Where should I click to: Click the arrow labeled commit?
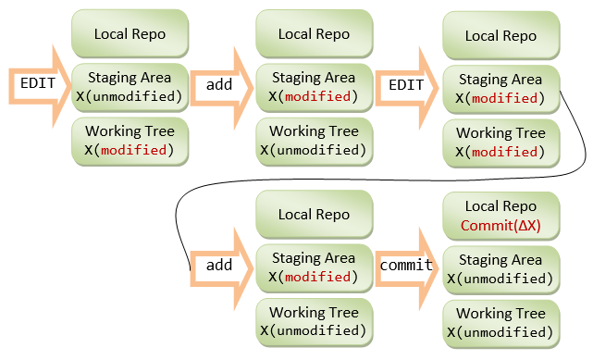tap(406, 268)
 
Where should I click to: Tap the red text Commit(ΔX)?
tap(500, 226)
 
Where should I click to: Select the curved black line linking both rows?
tap(378, 180)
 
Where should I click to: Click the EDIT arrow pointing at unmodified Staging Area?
tap(40, 86)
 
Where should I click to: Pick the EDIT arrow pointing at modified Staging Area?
tap(406, 88)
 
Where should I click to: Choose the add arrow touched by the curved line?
tap(222, 268)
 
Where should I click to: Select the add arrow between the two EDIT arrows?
tap(222, 88)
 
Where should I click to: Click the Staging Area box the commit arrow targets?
tap(500, 270)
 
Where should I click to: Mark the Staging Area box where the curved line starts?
tap(500, 90)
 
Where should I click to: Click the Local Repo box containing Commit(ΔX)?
tap(500, 216)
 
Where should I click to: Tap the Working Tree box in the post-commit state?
tap(500, 324)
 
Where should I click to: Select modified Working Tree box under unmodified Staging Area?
tap(130, 142)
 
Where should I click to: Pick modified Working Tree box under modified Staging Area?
tap(500, 143)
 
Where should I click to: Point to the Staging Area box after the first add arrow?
tap(315, 88)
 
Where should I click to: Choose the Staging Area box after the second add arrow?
tap(315, 268)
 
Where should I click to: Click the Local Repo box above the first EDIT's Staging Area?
tap(130, 33)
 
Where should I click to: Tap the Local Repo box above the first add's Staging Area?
tap(315, 33)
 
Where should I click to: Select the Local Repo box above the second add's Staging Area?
tap(315, 215)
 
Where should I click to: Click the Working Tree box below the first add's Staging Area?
tap(315, 142)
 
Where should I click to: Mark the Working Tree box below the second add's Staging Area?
tap(315, 322)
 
